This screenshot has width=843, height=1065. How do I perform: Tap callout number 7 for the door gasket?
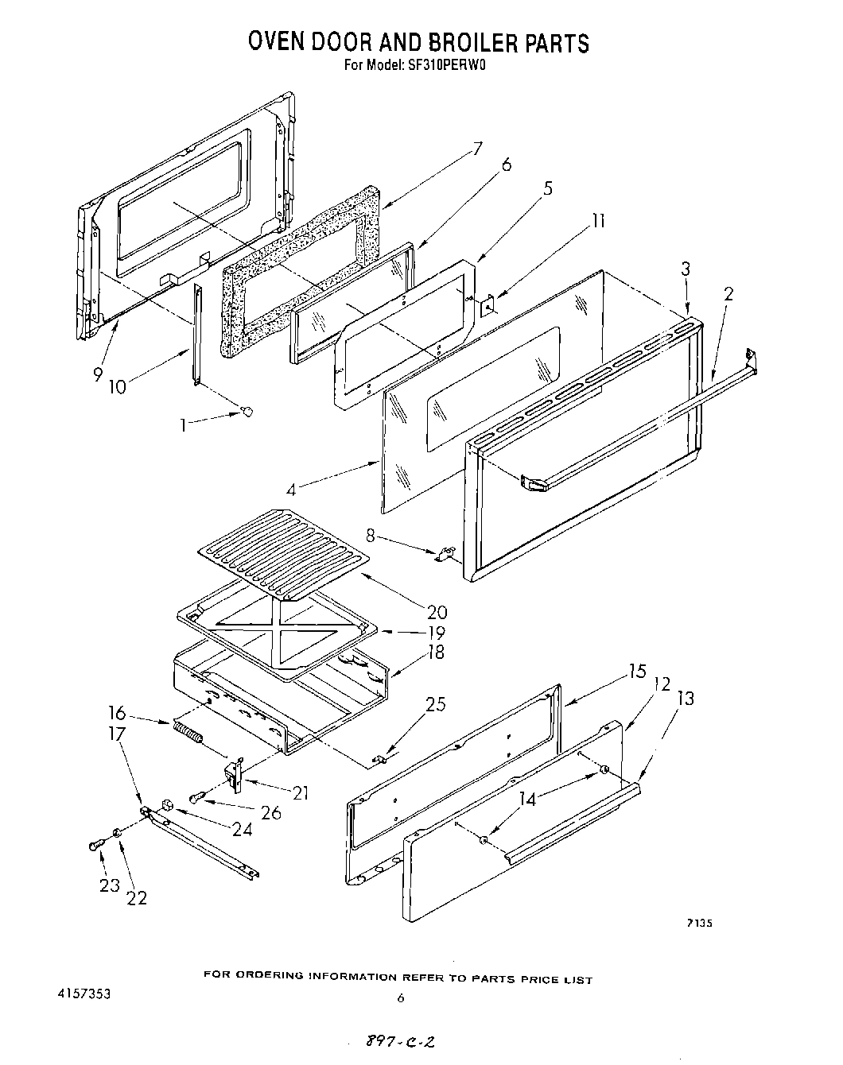click(x=477, y=149)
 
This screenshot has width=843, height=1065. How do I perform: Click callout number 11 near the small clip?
click(x=598, y=220)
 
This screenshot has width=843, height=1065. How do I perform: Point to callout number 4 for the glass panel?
click(x=293, y=490)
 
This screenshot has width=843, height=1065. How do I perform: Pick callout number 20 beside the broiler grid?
click(x=436, y=612)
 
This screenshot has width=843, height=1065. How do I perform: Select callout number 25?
click(x=436, y=704)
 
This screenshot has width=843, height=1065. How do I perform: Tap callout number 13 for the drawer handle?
click(x=685, y=699)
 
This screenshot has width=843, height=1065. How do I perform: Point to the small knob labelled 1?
click(x=247, y=411)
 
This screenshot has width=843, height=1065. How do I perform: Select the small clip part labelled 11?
click(x=488, y=303)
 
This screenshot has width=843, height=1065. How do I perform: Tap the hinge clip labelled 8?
click(x=445, y=553)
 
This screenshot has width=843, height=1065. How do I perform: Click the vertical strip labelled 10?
click(x=196, y=334)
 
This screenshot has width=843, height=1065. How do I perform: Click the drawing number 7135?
click(x=699, y=923)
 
